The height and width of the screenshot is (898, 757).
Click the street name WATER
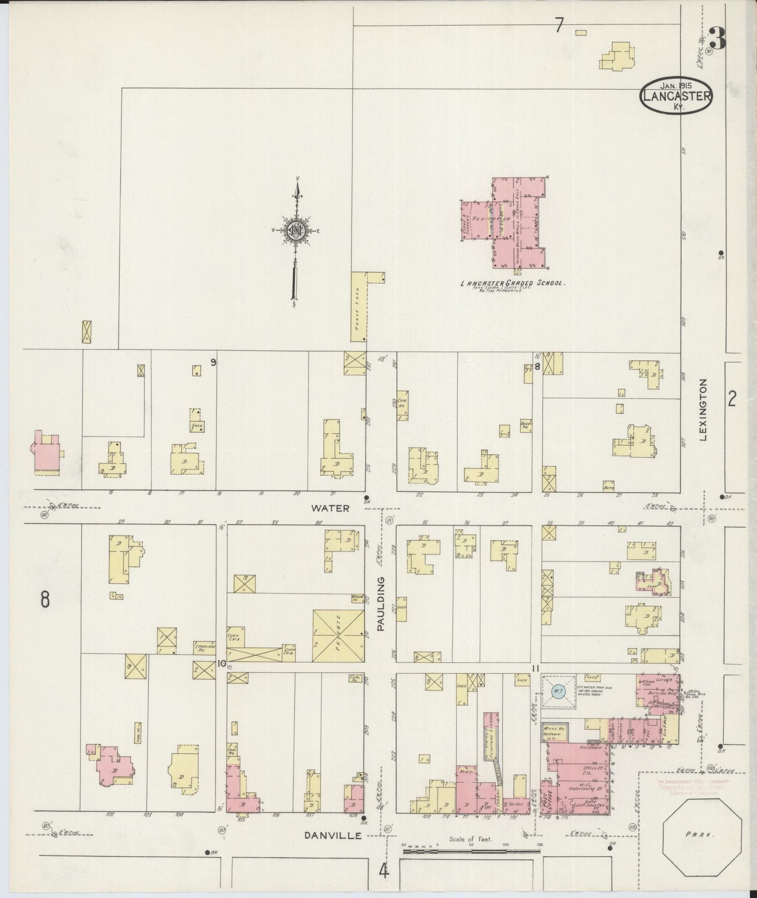tap(330, 508)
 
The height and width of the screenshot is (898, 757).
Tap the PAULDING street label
tap(381, 603)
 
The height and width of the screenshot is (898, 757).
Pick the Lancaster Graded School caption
tap(512, 283)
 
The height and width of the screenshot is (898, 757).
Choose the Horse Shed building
tap(358, 306)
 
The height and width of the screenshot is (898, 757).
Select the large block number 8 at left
tap(46, 599)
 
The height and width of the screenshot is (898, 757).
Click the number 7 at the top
tap(559, 25)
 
